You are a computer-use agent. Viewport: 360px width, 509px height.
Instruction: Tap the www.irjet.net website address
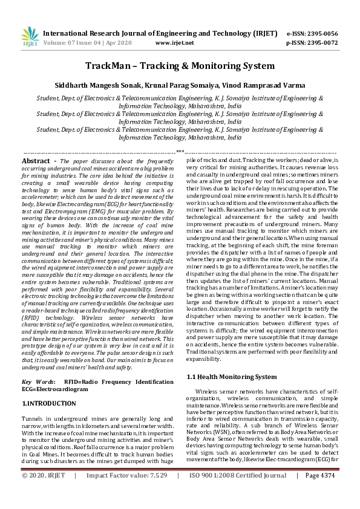[175, 43]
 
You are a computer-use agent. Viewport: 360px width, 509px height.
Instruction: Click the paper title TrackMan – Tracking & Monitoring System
[180, 66]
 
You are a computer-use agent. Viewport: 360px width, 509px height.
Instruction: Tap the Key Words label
[38, 382]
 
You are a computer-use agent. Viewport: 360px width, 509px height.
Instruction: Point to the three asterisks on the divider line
[180, 152]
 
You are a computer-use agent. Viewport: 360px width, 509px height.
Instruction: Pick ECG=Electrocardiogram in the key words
[54, 389]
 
